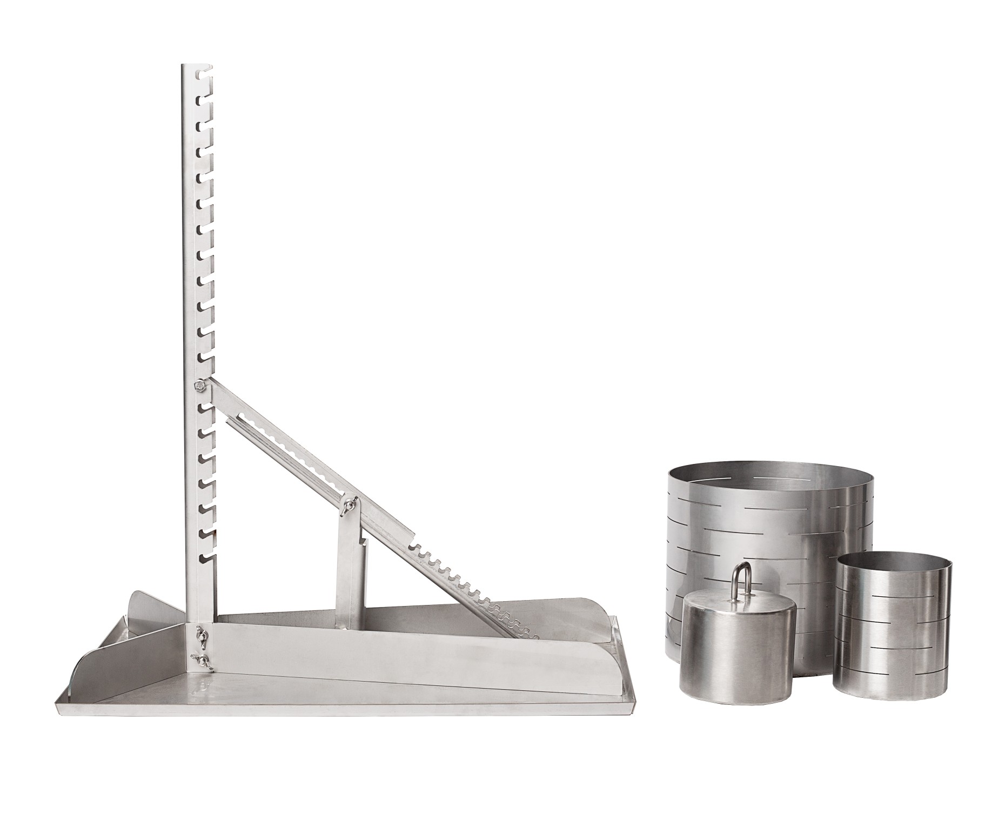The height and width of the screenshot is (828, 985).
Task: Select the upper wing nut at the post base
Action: coord(203,632)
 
